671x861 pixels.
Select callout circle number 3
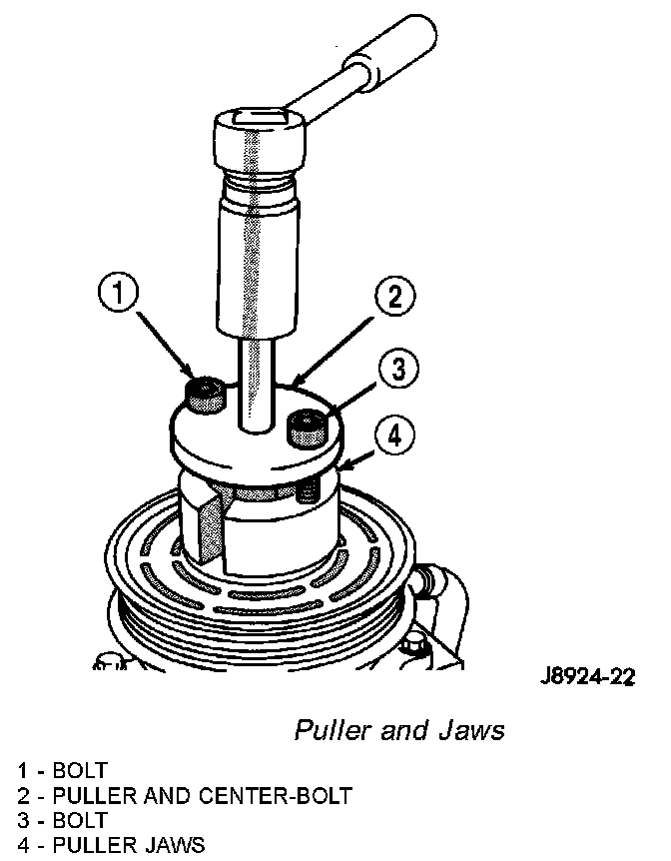397,371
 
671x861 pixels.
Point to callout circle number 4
394,435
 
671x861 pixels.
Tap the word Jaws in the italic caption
471,731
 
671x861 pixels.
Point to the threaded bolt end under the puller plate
309,489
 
